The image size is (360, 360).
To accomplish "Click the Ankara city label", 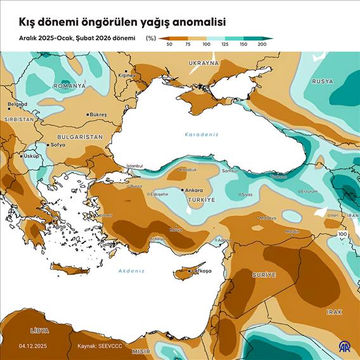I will click(x=193, y=190).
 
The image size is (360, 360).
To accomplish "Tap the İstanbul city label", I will click(x=135, y=166).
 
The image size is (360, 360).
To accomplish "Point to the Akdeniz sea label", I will click(x=132, y=271).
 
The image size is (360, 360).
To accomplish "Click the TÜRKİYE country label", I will click(x=202, y=200).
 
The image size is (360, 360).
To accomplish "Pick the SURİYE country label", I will click(x=264, y=275).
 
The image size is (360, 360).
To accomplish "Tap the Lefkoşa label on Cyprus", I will click(x=191, y=271).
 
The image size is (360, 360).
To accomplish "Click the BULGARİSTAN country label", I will click(x=80, y=137).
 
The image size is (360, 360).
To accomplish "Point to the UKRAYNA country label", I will click(x=203, y=63).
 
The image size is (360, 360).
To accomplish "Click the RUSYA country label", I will click(x=323, y=81).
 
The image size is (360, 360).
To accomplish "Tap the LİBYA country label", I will click(x=39, y=331).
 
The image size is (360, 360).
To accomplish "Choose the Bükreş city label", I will click(x=98, y=114).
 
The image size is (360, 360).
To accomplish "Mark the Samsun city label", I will click(x=229, y=171).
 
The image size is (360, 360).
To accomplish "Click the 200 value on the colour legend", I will click(x=262, y=44).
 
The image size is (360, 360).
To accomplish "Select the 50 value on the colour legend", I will click(x=169, y=44).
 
